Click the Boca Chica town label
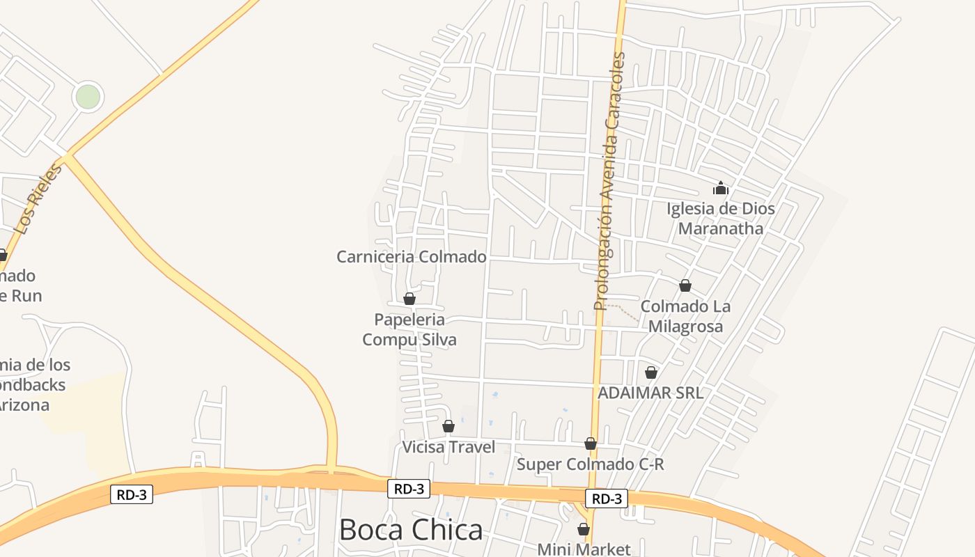point(411,530)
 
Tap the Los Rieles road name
point(38,198)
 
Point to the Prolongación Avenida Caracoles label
point(610,181)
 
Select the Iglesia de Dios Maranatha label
point(720,219)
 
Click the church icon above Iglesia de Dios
point(720,188)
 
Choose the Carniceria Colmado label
point(411,257)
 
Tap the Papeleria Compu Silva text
point(409,329)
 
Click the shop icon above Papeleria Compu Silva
point(409,299)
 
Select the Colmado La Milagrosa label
point(685,316)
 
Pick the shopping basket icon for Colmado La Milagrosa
point(685,285)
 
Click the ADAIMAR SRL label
point(650,393)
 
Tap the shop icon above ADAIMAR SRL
point(651,372)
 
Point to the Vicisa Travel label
point(448,447)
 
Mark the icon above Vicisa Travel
point(448,425)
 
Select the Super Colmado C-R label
point(591,464)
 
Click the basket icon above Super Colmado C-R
point(591,444)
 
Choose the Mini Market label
point(584,549)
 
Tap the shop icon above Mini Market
point(584,529)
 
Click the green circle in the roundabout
point(88,97)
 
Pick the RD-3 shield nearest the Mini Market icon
point(606,499)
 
